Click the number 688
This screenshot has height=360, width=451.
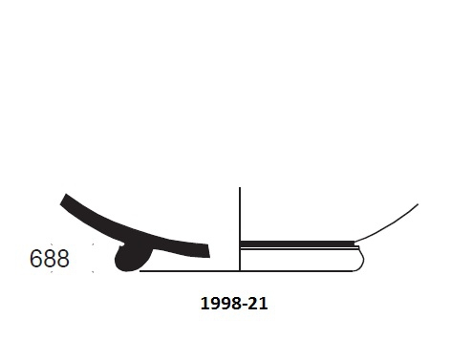[x=50, y=259]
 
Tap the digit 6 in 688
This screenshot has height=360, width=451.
[x=36, y=259]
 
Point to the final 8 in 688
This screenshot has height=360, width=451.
[x=62, y=259]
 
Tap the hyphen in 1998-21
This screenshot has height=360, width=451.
[x=244, y=305]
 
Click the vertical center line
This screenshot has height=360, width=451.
[x=238, y=229]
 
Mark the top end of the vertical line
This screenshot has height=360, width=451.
[x=238, y=188]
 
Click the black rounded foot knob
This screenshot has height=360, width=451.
[x=129, y=259]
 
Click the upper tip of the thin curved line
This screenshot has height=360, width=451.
[x=418, y=203]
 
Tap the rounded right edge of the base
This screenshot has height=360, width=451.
[x=363, y=258]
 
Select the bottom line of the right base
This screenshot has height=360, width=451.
[x=296, y=271]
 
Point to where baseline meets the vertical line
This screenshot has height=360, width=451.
[x=238, y=271]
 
